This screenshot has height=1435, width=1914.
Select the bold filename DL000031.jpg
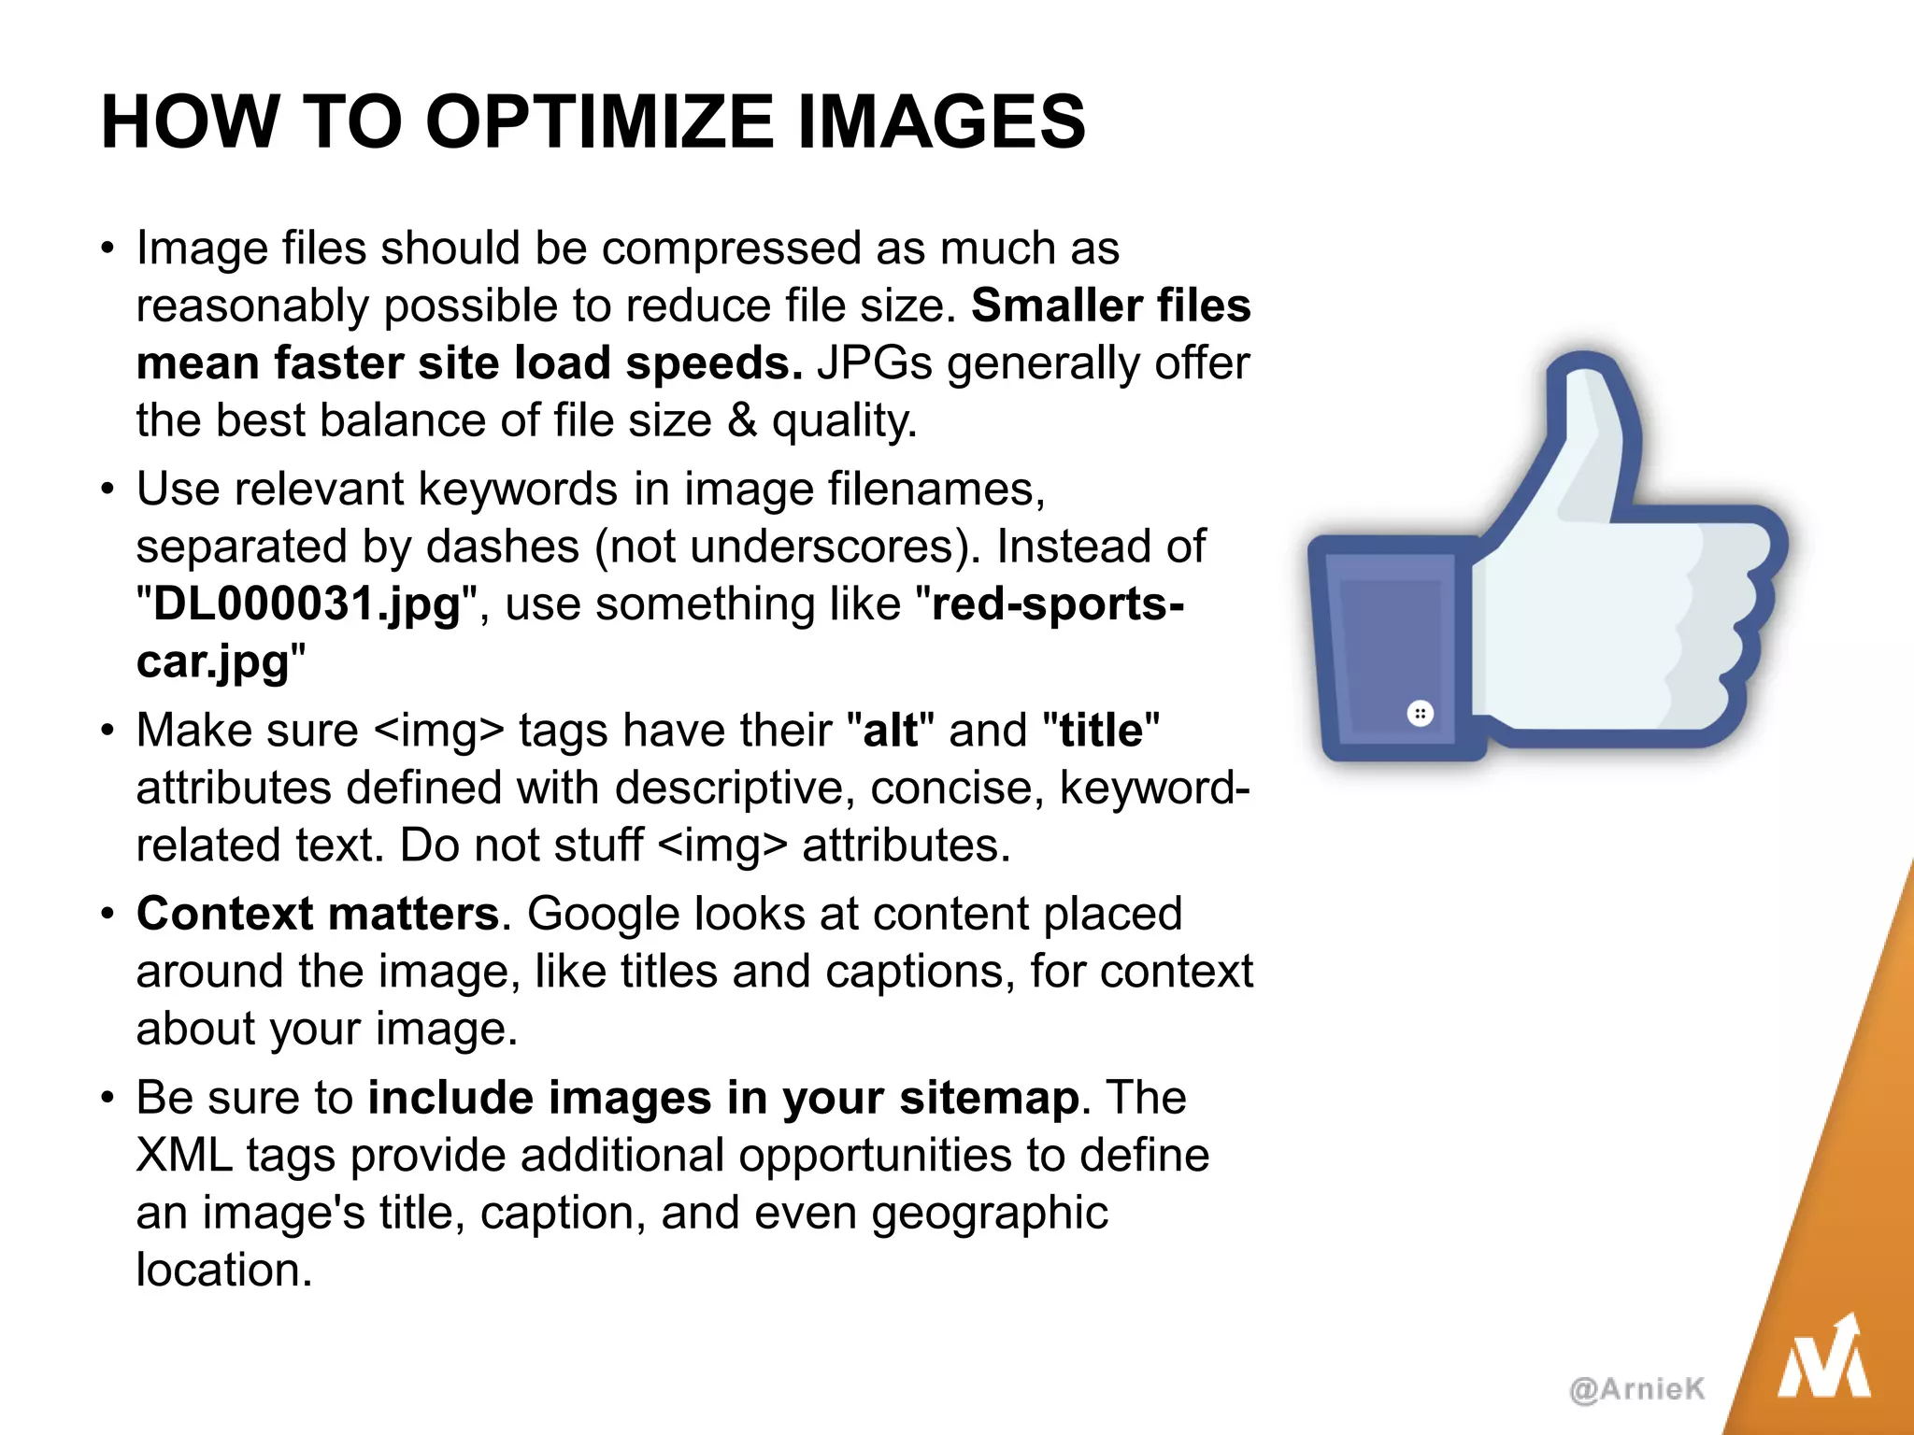(307, 604)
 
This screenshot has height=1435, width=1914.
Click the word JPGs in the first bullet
(875, 363)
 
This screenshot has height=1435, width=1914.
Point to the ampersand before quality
(742, 420)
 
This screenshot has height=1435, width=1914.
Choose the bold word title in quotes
(1101, 731)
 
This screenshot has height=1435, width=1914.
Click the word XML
(184, 1156)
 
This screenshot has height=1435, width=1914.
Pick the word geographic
(990, 1213)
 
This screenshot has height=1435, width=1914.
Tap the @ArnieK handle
(1637, 1389)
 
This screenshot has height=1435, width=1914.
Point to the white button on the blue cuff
(1420, 715)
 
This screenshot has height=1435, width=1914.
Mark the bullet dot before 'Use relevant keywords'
(108, 490)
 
